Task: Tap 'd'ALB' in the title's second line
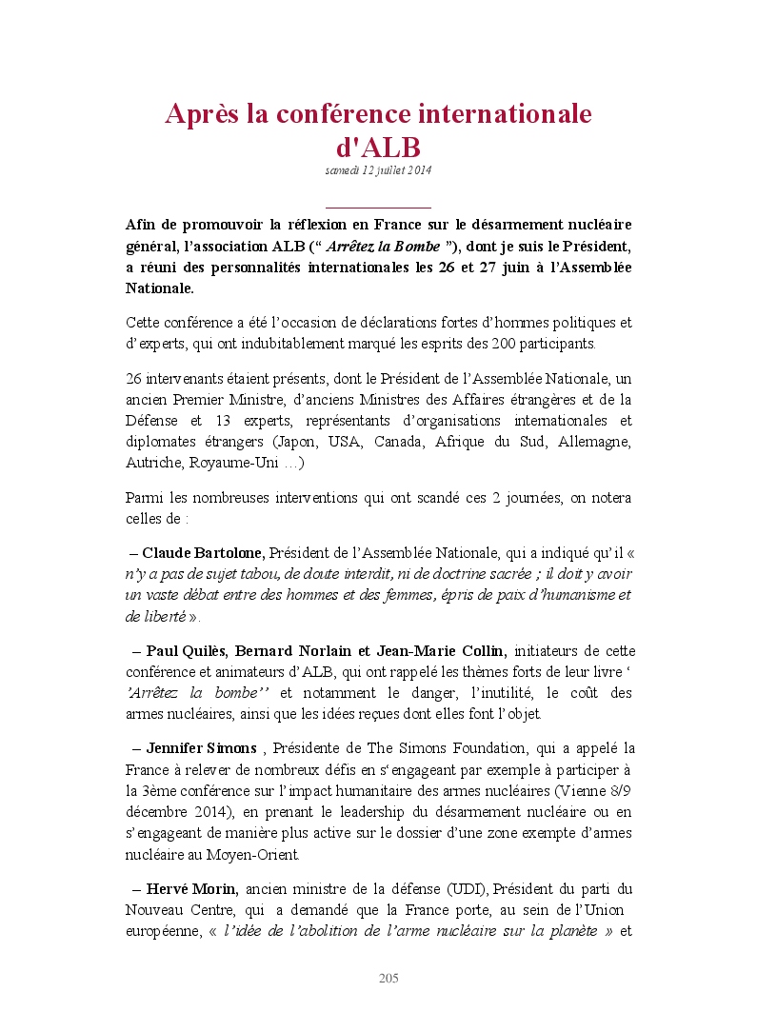pyautogui.click(x=378, y=149)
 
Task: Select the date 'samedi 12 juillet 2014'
pyautogui.click(x=378, y=170)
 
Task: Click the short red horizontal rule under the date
pyautogui.click(x=378, y=207)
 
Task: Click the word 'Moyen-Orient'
pyautogui.click(x=255, y=854)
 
